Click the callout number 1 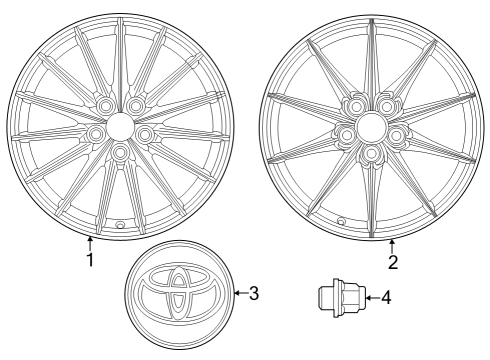(90, 261)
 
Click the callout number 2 (393, 262)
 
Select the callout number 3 (254, 293)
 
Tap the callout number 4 (386, 297)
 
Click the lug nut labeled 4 (338, 297)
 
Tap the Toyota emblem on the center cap (179, 294)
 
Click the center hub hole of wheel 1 (119, 124)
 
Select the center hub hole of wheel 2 (370, 126)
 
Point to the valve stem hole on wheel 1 (120, 226)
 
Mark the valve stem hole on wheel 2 (340, 221)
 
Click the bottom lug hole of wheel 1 (120, 152)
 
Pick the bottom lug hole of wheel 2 (370, 153)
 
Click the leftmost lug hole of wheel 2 (346, 133)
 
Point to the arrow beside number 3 (240, 293)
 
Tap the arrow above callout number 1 (90, 242)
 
